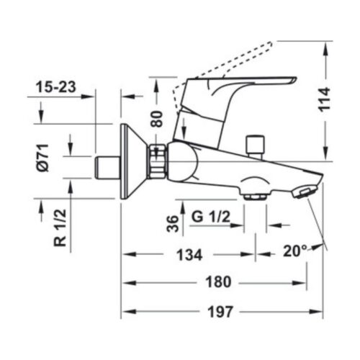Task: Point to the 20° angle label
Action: (x=294, y=252)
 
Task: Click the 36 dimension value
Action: (x=171, y=223)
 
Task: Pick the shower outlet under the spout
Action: (x=253, y=196)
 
